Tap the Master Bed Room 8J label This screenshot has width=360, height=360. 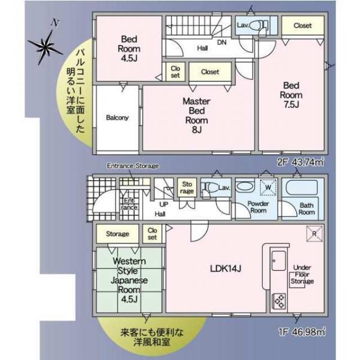click(196, 115)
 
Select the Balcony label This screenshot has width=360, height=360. click(117, 118)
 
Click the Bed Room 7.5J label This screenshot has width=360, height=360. click(291, 95)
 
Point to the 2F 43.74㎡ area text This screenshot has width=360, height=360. click(301, 163)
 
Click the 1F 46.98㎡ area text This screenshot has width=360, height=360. click(302, 332)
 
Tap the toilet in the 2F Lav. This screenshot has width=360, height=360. click(257, 25)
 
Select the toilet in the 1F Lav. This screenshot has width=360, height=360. click(209, 187)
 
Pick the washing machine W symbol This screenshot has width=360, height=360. click(268, 187)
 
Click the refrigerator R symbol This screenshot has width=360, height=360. click(314, 233)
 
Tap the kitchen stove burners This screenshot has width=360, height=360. click(279, 301)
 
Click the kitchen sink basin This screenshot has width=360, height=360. click(279, 260)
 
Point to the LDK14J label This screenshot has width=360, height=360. click(226, 269)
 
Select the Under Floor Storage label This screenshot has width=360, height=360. click(302, 274)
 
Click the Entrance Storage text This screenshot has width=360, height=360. click(133, 166)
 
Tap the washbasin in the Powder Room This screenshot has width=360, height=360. click(245, 187)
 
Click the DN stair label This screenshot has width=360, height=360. click(222, 42)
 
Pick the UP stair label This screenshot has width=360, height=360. click(164, 204)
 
